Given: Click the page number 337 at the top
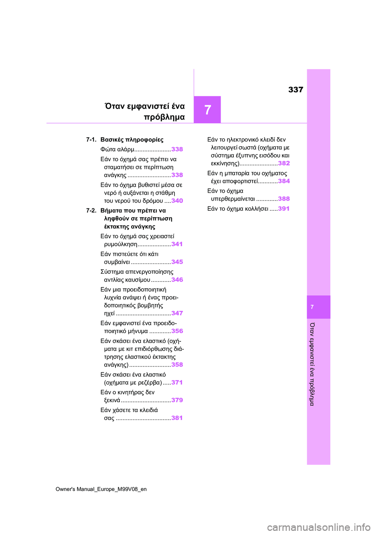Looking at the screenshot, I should [296, 90].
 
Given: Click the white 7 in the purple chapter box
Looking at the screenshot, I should [208, 110].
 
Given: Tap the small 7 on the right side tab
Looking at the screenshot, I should [312, 307].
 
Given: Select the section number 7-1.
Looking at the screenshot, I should [91, 140].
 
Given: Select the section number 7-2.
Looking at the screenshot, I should [91, 210].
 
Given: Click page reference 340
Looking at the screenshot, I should [177, 201].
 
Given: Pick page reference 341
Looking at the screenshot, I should [177, 244].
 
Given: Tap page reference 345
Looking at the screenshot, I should [177, 262].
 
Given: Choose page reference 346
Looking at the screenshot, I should [177, 280].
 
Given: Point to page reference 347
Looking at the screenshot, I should [177, 313].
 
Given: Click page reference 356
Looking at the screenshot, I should [177, 331].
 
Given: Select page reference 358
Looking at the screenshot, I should [177, 365].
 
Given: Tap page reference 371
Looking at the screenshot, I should [177, 382].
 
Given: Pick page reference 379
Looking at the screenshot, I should [177, 400].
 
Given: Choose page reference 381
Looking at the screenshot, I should [177, 418].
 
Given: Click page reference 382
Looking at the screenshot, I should [284, 163].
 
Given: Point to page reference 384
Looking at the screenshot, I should [284, 181].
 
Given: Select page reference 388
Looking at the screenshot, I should [284, 199].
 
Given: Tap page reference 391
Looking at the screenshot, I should [284, 208].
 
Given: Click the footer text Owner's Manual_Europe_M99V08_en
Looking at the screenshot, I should [101, 489].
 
